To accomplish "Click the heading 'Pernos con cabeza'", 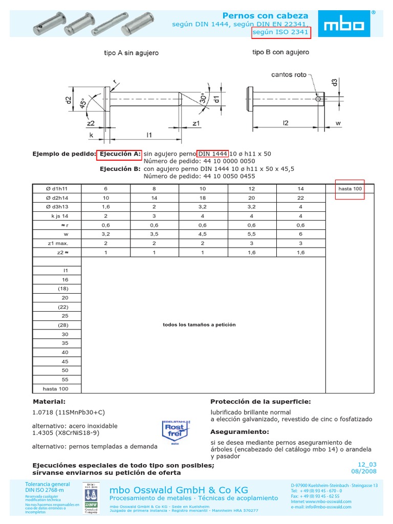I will (x=266, y=15).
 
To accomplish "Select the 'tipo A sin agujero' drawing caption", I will (x=131, y=53).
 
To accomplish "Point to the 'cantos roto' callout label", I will (x=289, y=75).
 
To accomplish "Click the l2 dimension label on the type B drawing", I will (x=286, y=123).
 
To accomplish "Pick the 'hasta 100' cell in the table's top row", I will (x=350, y=189).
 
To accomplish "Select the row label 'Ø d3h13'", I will (x=57, y=207).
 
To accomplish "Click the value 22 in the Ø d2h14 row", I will (x=300, y=198).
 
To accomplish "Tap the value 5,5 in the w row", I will (x=251, y=234).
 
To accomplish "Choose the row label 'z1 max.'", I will (x=58, y=244).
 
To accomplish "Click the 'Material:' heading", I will (x=49, y=402).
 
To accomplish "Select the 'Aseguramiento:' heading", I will (x=239, y=431).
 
